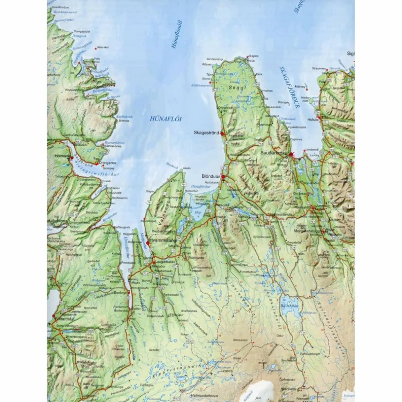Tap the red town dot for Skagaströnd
[222, 134]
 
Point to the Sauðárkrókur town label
[275, 153]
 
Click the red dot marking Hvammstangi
[148, 243]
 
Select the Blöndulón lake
[290, 305]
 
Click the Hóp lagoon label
[199, 212]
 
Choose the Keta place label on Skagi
[259, 74]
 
